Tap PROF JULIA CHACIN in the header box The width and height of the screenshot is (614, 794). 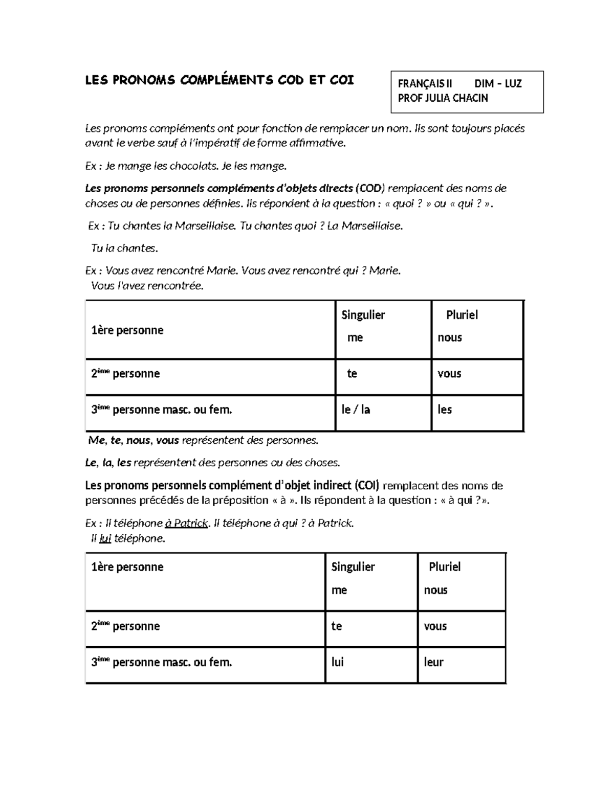(x=443, y=98)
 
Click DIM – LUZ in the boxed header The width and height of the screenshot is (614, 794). (x=498, y=84)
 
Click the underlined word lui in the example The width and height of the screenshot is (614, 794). (x=105, y=538)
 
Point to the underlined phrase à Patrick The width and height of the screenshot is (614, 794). (x=187, y=523)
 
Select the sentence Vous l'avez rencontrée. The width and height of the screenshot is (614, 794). (x=147, y=286)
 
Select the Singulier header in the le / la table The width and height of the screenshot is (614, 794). (x=363, y=315)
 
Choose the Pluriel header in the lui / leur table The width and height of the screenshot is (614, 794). (x=445, y=567)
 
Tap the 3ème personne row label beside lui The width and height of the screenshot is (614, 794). (x=161, y=663)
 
